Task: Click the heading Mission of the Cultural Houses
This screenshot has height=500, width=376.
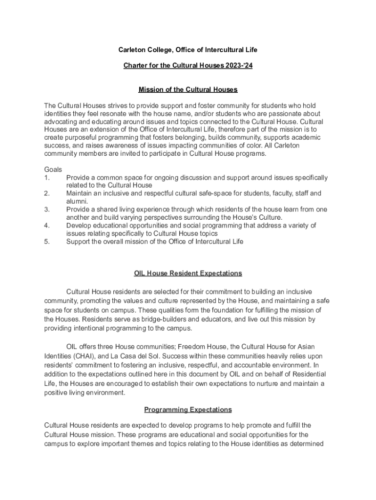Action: (x=188, y=90)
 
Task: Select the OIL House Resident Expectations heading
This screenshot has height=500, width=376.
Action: (x=188, y=273)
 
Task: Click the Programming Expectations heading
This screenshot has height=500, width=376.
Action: (x=188, y=410)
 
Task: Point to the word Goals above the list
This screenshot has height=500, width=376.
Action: (x=53, y=169)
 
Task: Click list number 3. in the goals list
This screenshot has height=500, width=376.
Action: (x=47, y=209)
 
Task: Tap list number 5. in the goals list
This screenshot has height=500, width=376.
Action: (x=47, y=241)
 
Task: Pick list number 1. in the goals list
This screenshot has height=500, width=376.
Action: (x=47, y=178)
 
